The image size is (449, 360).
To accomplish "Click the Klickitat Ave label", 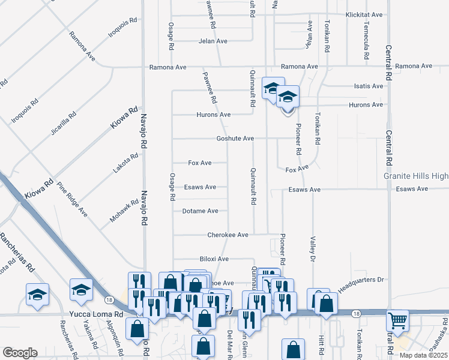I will pos(364,14).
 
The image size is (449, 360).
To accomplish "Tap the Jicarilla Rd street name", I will pos(63,123).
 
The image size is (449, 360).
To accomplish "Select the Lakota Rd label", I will pos(126,163).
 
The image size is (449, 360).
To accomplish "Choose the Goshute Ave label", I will pos(235,139).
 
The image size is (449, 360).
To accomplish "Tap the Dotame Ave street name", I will pos(200,211).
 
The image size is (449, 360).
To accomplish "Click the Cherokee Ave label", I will pos(228,235).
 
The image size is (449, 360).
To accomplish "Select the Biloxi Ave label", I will pos(214,259).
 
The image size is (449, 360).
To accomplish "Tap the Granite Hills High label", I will pos(416,176).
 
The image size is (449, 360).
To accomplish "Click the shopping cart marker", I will pos(398,321).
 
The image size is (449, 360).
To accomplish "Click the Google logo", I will pos(19,353).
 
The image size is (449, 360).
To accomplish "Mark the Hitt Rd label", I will pos(321,344).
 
